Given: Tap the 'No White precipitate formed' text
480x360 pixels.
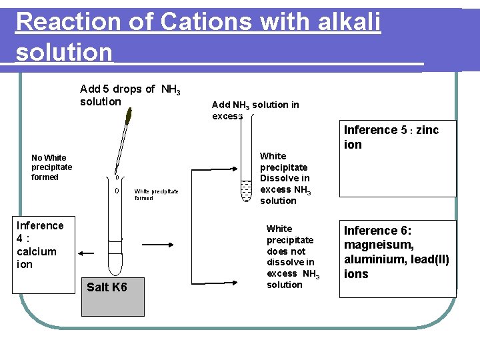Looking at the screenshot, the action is (x=51, y=167).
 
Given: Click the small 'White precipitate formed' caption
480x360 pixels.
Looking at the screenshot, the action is (x=156, y=194).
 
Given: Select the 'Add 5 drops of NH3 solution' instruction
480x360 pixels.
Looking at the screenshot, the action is (x=130, y=95).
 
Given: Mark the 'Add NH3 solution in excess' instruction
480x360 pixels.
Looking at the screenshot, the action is (x=255, y=110).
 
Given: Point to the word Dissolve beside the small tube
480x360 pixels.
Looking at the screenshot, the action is (x=285, y=178).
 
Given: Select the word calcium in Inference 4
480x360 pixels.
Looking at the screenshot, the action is (x=36, y=251).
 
